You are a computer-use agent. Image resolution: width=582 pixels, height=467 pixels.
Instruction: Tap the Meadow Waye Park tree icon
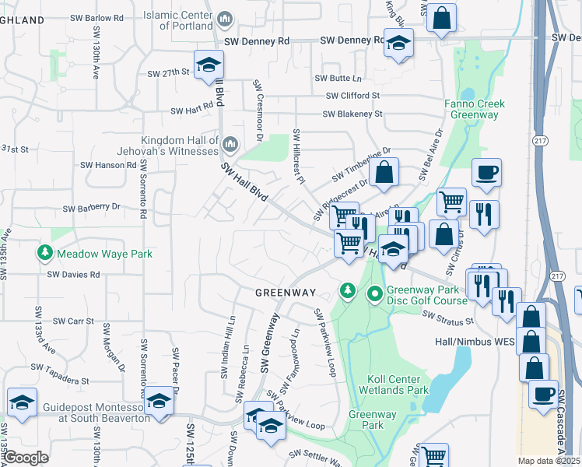(x=46, y=253)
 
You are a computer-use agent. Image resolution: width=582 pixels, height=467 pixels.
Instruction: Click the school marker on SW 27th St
(x=208, y=66)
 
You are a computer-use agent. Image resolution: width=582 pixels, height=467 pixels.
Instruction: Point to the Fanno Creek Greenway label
(x=475, y=109)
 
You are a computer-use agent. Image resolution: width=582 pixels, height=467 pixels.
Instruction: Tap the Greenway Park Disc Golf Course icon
(x=375, y=294)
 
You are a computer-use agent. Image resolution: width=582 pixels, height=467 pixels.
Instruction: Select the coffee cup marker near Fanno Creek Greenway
(x=487, y=172)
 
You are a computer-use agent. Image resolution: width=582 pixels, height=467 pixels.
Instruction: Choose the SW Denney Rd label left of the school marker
(x=256, y=40)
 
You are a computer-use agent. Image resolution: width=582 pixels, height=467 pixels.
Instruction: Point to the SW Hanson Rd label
(x=108, y=165)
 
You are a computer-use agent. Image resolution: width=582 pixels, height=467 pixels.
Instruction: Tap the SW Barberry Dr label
(x=92, y=208)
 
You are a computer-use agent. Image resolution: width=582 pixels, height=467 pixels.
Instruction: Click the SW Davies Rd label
(x=74, y=274)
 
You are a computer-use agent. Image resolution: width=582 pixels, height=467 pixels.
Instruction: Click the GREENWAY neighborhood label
(x=286, y=293)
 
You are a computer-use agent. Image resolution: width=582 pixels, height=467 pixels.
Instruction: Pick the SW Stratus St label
(x=448, y=318)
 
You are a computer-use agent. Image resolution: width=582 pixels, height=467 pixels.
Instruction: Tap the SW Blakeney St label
(x=352, y=114)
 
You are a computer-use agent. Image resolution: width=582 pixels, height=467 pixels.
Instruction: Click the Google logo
(x=26, y=458)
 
